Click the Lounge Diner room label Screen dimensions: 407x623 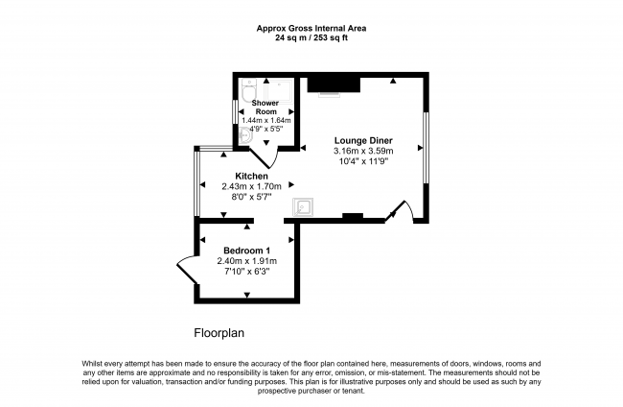point(363,140)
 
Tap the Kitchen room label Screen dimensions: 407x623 point(243,176)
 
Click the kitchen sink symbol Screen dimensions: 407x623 point(302,207)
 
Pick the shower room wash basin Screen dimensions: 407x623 point(245,137)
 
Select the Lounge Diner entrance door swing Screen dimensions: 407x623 point(400,211)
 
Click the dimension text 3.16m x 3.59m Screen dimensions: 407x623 point(363,152)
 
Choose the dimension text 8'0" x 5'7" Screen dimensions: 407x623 point(243,198)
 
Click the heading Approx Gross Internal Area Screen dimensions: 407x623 point(311,28)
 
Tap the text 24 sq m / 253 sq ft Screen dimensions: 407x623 point(311,37)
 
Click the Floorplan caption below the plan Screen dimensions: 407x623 point(221,335)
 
